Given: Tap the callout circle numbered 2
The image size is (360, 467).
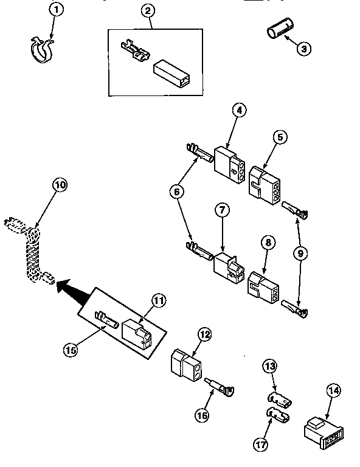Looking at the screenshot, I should (x=148, y=11).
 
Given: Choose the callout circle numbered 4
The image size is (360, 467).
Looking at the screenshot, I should (x=240, y=111).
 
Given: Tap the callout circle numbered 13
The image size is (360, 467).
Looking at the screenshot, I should (x=269, y=367).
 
